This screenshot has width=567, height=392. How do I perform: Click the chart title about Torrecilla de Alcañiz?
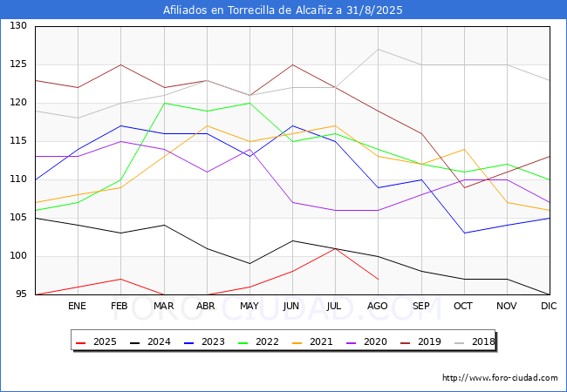click(x=283, y=10)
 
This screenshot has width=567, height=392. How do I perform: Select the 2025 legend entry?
click(x=97, y=341)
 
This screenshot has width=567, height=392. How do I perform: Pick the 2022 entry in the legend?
click(x=259, y=341)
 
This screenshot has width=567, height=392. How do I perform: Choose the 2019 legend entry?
click(x=421, y=341)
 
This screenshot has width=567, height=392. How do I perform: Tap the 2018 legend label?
click(x=483, y=341)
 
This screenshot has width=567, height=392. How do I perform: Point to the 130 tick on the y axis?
click(x=18, y=25)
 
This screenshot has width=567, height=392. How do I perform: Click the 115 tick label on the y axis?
click(x=18, y=141)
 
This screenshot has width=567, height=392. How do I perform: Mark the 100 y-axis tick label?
click(x=18, y=256)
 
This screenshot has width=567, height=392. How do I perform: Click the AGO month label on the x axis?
click(x=378, y=306)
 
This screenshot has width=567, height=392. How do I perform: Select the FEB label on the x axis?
click(x=120, y=306)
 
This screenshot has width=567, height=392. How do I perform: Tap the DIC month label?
click(x=549, y=306)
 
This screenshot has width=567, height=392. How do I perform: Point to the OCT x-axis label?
click(x=463, y=306)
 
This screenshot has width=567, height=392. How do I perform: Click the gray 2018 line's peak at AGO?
click(x=379, y=49)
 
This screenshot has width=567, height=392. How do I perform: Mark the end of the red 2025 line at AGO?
click(x=379, y=279)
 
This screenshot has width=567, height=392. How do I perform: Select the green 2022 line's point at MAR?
click(x=165, y=103)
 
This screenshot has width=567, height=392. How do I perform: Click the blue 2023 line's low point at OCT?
click(x=464, y=233)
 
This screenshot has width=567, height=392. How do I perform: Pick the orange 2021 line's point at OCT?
click(x=464, y=149)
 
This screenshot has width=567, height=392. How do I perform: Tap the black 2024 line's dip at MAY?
click(x=249, y=263)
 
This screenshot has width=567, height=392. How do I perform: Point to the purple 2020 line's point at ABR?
click(x=208, y=172)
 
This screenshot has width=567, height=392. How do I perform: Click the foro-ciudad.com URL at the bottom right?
click(x=500, y=378)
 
